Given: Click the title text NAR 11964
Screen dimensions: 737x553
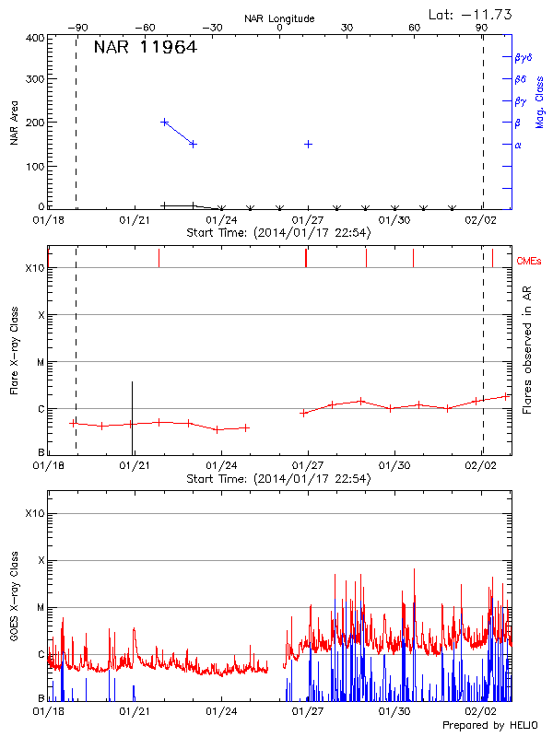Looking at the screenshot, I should tap(146, 48).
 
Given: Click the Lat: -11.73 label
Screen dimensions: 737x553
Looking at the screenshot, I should tap(471, 14).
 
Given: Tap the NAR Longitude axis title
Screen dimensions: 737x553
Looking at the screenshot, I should tap(279, 18).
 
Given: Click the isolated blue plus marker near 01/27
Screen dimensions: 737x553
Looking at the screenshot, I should tap(308, 144).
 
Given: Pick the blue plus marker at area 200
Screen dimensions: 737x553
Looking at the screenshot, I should tap(164, 122).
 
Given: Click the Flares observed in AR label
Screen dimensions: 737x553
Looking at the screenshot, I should tap(527, 351).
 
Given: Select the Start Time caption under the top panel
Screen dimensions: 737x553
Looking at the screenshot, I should tap(278, 233).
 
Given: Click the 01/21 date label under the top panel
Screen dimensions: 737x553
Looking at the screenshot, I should tap(135, 220).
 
